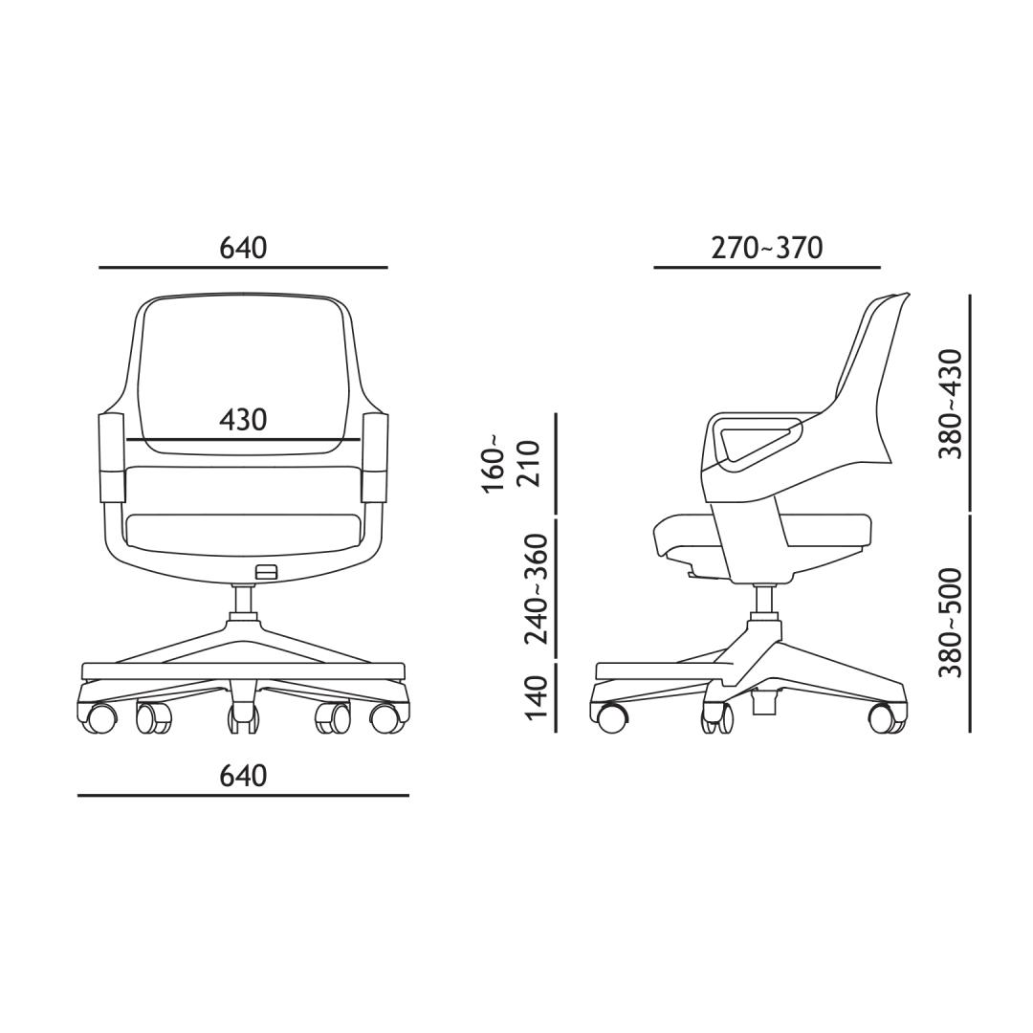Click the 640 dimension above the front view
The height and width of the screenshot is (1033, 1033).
(243, 248)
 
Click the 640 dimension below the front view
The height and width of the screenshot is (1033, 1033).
(243, 776)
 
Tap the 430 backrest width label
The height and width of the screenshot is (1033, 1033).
(243, 419)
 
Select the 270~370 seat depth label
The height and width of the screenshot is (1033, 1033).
(767, 248)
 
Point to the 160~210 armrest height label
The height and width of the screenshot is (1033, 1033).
(511, 463)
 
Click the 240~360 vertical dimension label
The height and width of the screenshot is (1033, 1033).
(535, 587)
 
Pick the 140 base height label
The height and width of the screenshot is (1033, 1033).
(535, 697)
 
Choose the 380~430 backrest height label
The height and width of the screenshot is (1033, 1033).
(951, 404)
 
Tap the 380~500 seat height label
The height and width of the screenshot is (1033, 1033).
(951, 623)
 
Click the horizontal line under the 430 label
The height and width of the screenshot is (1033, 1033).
(243, 439)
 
